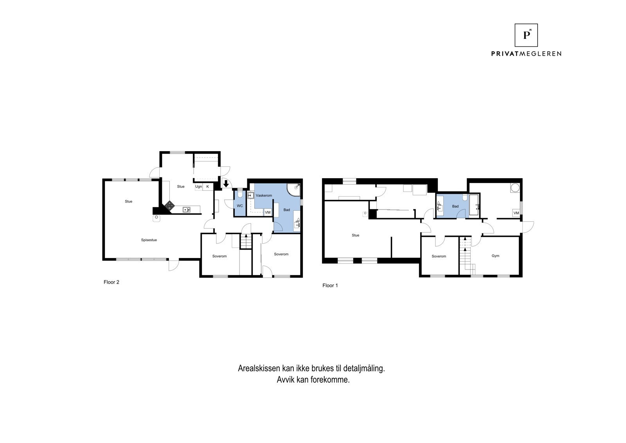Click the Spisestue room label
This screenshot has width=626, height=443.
pos(149,240)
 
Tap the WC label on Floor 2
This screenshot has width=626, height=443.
pos(240,206)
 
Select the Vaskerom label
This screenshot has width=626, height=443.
pos(264,195)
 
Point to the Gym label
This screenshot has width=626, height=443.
pos(495,256)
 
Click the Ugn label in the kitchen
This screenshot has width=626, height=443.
pos(198,187)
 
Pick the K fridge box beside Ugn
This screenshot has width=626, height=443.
pos(208,187)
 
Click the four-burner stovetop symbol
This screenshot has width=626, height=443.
pos(169,206)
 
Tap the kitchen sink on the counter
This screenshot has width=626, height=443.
pos(186,209)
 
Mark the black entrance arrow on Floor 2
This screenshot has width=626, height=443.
pos(226,184)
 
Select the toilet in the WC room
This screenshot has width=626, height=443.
pos(240,193)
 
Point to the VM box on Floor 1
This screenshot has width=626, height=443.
pos(516,213)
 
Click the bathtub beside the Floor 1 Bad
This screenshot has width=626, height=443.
pos(474,205)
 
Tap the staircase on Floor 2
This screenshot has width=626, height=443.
pos(246,241)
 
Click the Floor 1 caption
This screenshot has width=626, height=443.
pos(330,286)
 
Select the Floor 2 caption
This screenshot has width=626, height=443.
pos(111,282)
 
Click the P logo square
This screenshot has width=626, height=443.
pos(526,35)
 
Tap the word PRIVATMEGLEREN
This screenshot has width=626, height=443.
pos(526,54)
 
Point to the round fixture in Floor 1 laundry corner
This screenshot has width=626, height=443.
pos(515,188)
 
